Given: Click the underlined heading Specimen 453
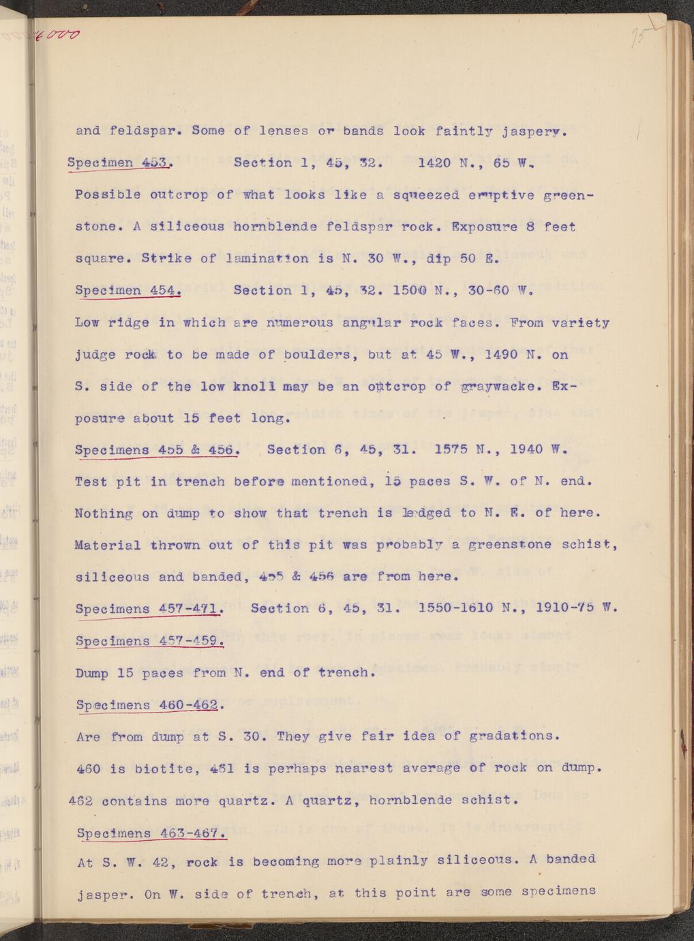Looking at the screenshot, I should click(x=121, y=163).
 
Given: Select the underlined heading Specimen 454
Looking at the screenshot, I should click(x=127, y=290).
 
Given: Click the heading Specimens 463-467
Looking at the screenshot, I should click(x=151, y=833).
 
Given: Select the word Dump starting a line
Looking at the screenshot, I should click(x=92, y=673).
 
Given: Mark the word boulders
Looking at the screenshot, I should click(x=319, y=355).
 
